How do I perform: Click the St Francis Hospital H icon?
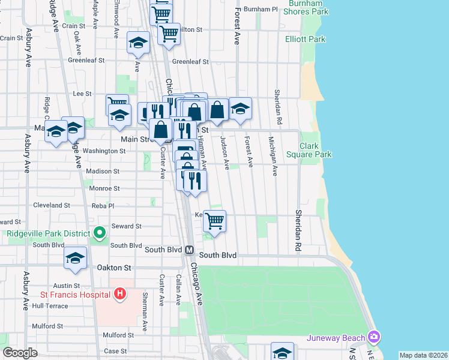pyautogui.click(x=120, y=294)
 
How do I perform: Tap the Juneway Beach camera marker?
pyautogui.click(x=375, y=337)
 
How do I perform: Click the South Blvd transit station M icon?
pyautogui.click(x=189, y=250)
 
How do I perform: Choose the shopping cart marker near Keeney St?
pyautogui.click(x=214, y=221)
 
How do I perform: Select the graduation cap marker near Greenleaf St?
pyautogui.click(x=138, y=44)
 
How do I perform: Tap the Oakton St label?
pyautogui.click(x=113, y=267)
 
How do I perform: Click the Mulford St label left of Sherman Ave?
pyautogui.click(x=118, y=335)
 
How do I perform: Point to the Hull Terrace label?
pyautogui.click(x=50, y=305)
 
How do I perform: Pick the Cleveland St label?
pyautogui.click(x=52, y=205)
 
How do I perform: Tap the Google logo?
pyautogui.click(x=20, y=353)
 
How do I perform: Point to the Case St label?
pyautogui.click(x=116, y=350)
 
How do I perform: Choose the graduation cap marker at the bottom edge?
pyautogui.click(x=282, y=352)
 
